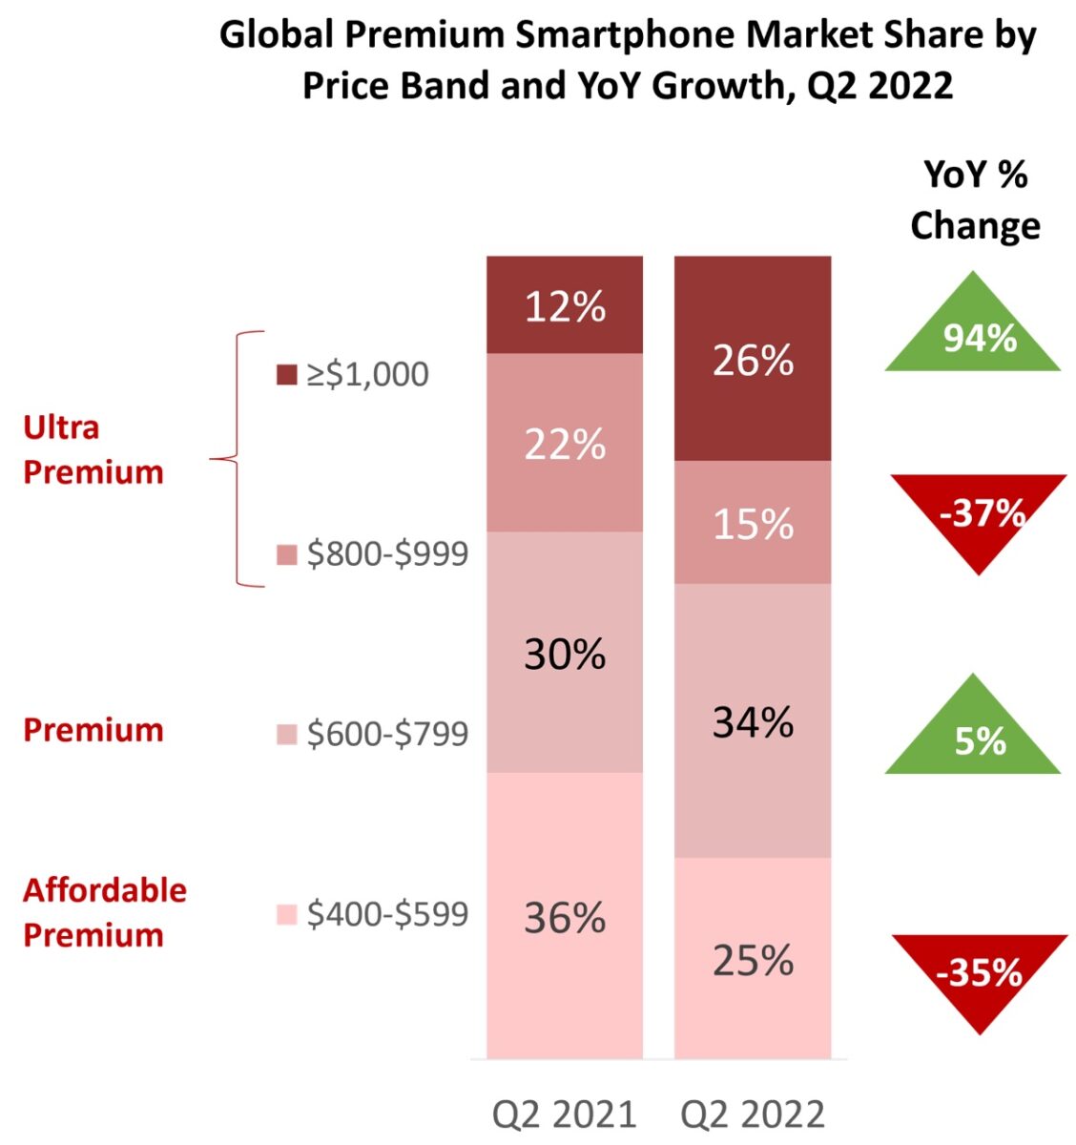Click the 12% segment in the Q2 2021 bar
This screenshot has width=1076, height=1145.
click(565, 305)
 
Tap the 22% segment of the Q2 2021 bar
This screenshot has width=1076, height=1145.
click(565, 443)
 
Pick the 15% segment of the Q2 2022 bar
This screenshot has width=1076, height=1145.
click(753, 523)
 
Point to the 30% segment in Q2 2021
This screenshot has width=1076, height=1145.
click(565, 653)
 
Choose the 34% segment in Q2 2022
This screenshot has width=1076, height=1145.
click(753, 721)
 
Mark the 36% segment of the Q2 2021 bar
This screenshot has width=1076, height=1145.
click(565, 916)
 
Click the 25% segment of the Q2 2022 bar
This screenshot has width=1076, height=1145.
click(753, 958)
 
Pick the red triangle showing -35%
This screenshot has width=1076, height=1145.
click(979, 973)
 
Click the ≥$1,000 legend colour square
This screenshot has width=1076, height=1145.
click(286, 375)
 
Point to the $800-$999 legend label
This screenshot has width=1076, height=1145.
click(387, 554)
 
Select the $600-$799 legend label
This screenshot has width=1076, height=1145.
click(387, 734)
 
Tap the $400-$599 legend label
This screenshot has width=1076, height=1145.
click(387, 914)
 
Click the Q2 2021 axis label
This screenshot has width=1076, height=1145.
click(564, 1114)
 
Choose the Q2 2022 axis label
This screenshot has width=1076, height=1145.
click(753, 1114)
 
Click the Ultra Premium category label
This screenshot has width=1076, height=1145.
click(93, 449)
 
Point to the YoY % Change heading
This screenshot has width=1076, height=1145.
click(975, 200)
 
